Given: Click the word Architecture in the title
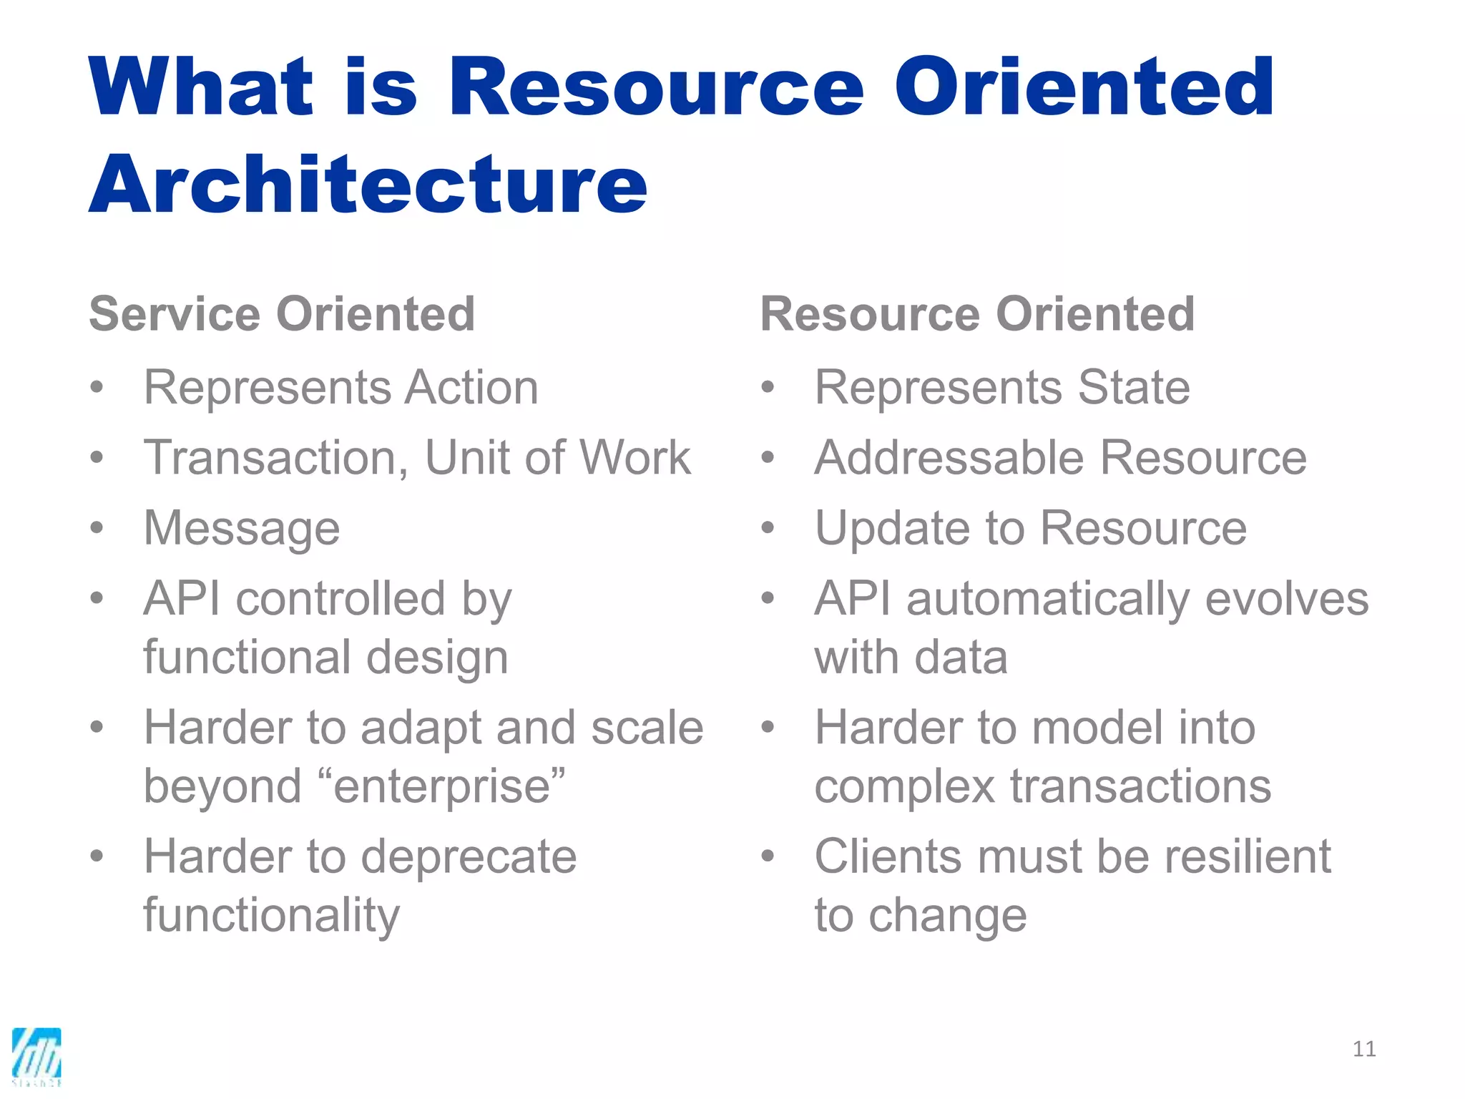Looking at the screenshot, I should click(368, 185).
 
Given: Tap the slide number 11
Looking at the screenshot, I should click(1364, 1049).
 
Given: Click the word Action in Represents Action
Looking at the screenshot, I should click(471, 387).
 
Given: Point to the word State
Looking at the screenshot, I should click(1134, 387).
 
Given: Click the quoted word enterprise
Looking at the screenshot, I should click(442, 787).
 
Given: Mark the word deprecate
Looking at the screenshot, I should click(468, 856).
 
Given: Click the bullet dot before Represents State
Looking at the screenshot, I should click(768, 388).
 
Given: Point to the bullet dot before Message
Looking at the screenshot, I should click(97, 529).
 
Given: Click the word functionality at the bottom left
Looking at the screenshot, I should click(272, 915).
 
